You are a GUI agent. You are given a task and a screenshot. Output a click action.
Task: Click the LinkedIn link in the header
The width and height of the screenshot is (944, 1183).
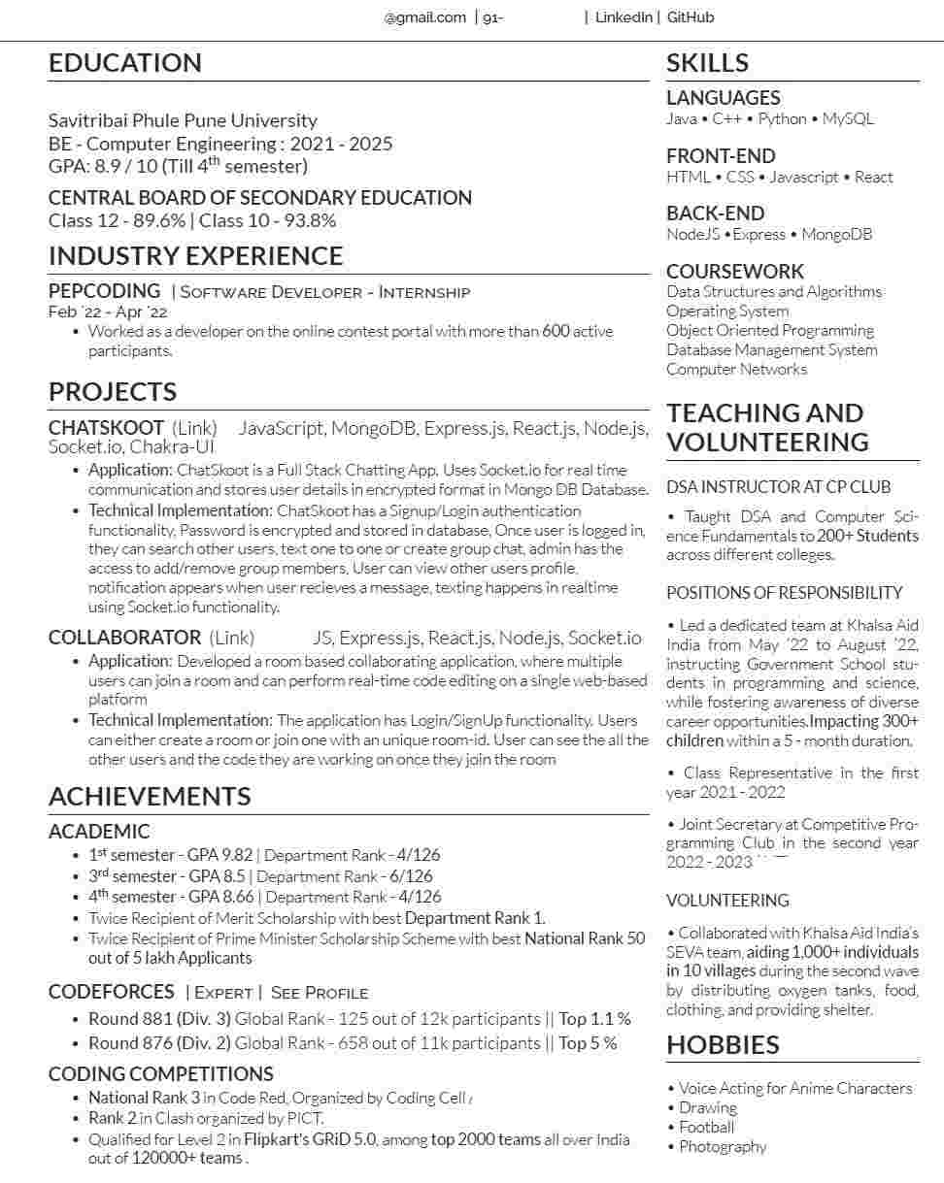point(624,17)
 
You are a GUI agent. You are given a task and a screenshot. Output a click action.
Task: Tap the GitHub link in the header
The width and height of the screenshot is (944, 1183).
point(691,17)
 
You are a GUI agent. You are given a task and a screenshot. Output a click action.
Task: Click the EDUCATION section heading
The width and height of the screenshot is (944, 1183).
point(125,63)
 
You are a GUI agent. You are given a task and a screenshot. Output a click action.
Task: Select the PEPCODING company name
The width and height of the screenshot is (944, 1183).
point(104,291)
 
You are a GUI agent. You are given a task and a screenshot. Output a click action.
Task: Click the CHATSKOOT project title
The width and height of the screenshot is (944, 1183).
point(106,428)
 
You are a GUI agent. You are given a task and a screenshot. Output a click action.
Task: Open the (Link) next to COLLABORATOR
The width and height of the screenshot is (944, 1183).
point(231,638)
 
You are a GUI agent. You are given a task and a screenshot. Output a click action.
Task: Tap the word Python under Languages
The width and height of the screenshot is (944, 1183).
point(782,118)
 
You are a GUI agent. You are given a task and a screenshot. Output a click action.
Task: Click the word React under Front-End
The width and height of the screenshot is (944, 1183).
point(874,177)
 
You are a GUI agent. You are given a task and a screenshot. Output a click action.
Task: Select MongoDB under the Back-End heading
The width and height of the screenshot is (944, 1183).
point(836,234)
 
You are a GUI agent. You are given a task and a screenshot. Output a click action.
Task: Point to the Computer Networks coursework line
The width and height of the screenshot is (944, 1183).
point(736,369)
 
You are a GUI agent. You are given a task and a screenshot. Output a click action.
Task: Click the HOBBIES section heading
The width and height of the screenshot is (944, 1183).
point(723,1045)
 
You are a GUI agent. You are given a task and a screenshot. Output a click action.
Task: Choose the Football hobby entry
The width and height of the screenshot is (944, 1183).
point(706,1127)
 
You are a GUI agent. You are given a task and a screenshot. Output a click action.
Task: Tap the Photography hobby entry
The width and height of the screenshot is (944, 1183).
point(723,1146)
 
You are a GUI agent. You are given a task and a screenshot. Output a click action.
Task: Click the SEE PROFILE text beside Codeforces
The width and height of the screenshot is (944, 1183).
point(320,993)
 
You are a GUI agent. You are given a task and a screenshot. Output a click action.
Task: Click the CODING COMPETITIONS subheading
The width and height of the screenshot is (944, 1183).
point(160,1074)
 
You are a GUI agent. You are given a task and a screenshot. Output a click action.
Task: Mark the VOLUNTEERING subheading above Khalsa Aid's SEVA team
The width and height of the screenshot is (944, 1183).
point(727,901)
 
